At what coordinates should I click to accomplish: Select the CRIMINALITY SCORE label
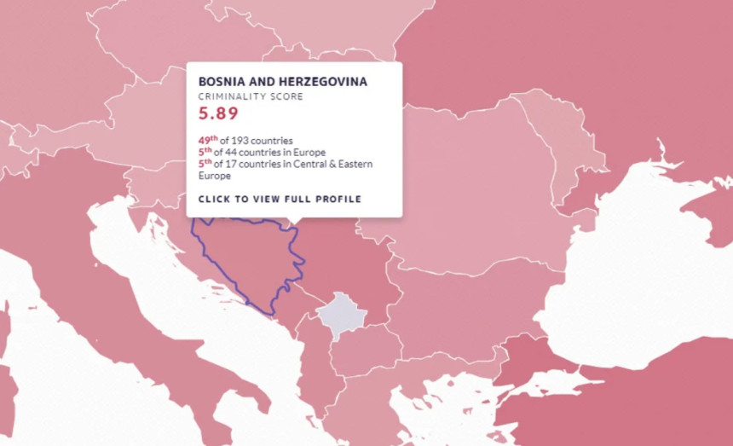click(251, 97)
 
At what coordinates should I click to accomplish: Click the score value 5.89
click(218, 113)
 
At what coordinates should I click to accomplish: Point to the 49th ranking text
click(208, 140)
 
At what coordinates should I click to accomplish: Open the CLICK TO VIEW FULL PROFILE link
click(280, 200)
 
